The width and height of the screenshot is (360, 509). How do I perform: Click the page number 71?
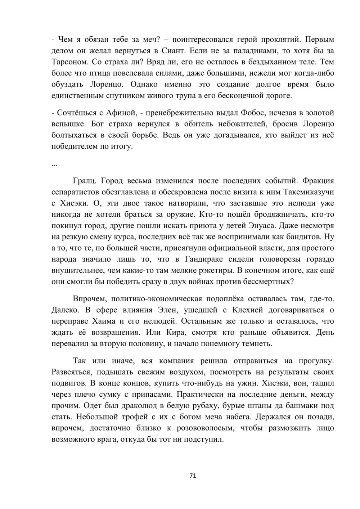coord(192,476)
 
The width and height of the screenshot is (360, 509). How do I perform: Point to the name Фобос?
coord(252,113)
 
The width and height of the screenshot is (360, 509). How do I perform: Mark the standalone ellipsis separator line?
coord(55,165)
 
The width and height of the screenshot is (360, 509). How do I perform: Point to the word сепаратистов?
coord(76,192)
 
